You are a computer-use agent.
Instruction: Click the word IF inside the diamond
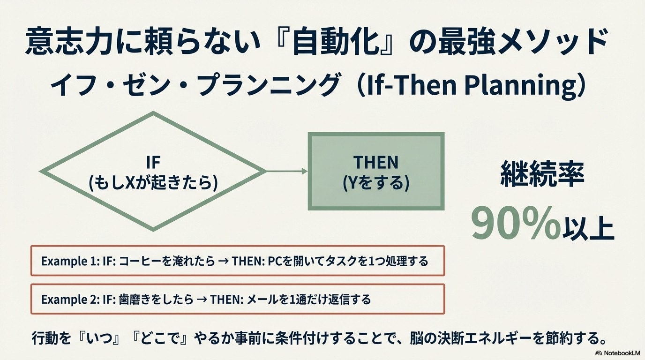tap(153, 162)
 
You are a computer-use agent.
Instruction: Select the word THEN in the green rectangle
tap(376, 162)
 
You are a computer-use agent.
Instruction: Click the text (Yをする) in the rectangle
tap(376, 183)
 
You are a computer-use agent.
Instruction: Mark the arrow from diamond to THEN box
tap(287, 172)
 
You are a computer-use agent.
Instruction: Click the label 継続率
tap(542, 174)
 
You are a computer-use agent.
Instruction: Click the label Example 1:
tap(70, 261)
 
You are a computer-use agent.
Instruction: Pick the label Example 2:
tap(70, 300)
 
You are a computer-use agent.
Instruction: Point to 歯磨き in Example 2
tap(133, 300)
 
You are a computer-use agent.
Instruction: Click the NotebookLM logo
tap(619, 353)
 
